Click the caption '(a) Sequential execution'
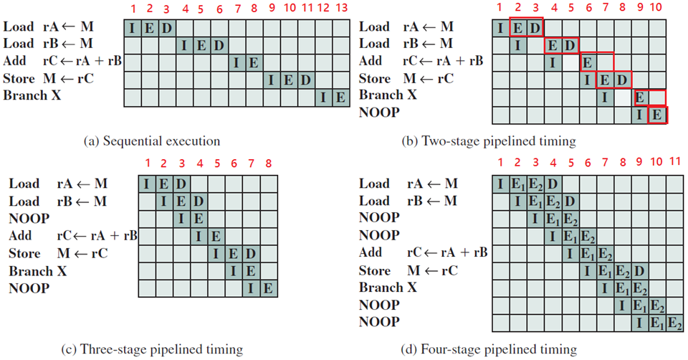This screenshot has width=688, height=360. (151, 141)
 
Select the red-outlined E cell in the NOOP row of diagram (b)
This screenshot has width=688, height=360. (656, 113)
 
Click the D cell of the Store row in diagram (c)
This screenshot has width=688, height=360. (250, 253)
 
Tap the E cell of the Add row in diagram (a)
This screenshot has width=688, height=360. (253, 62)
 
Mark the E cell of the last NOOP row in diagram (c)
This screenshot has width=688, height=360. (267, 288)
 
